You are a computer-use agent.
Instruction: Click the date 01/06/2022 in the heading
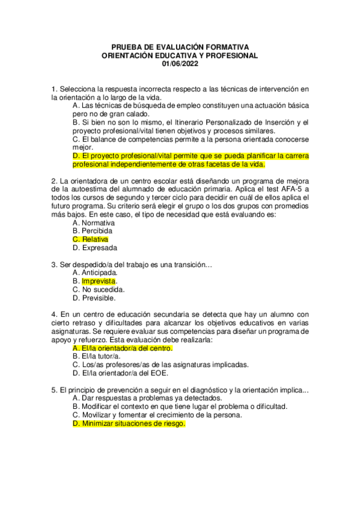(180, 64)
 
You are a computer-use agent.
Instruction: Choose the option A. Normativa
(95, 222)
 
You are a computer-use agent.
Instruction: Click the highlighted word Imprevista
(99, 281)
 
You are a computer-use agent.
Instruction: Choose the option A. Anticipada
(96, 272)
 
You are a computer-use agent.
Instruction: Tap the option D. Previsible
(96, 298)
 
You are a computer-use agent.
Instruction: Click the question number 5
(54, 390)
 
